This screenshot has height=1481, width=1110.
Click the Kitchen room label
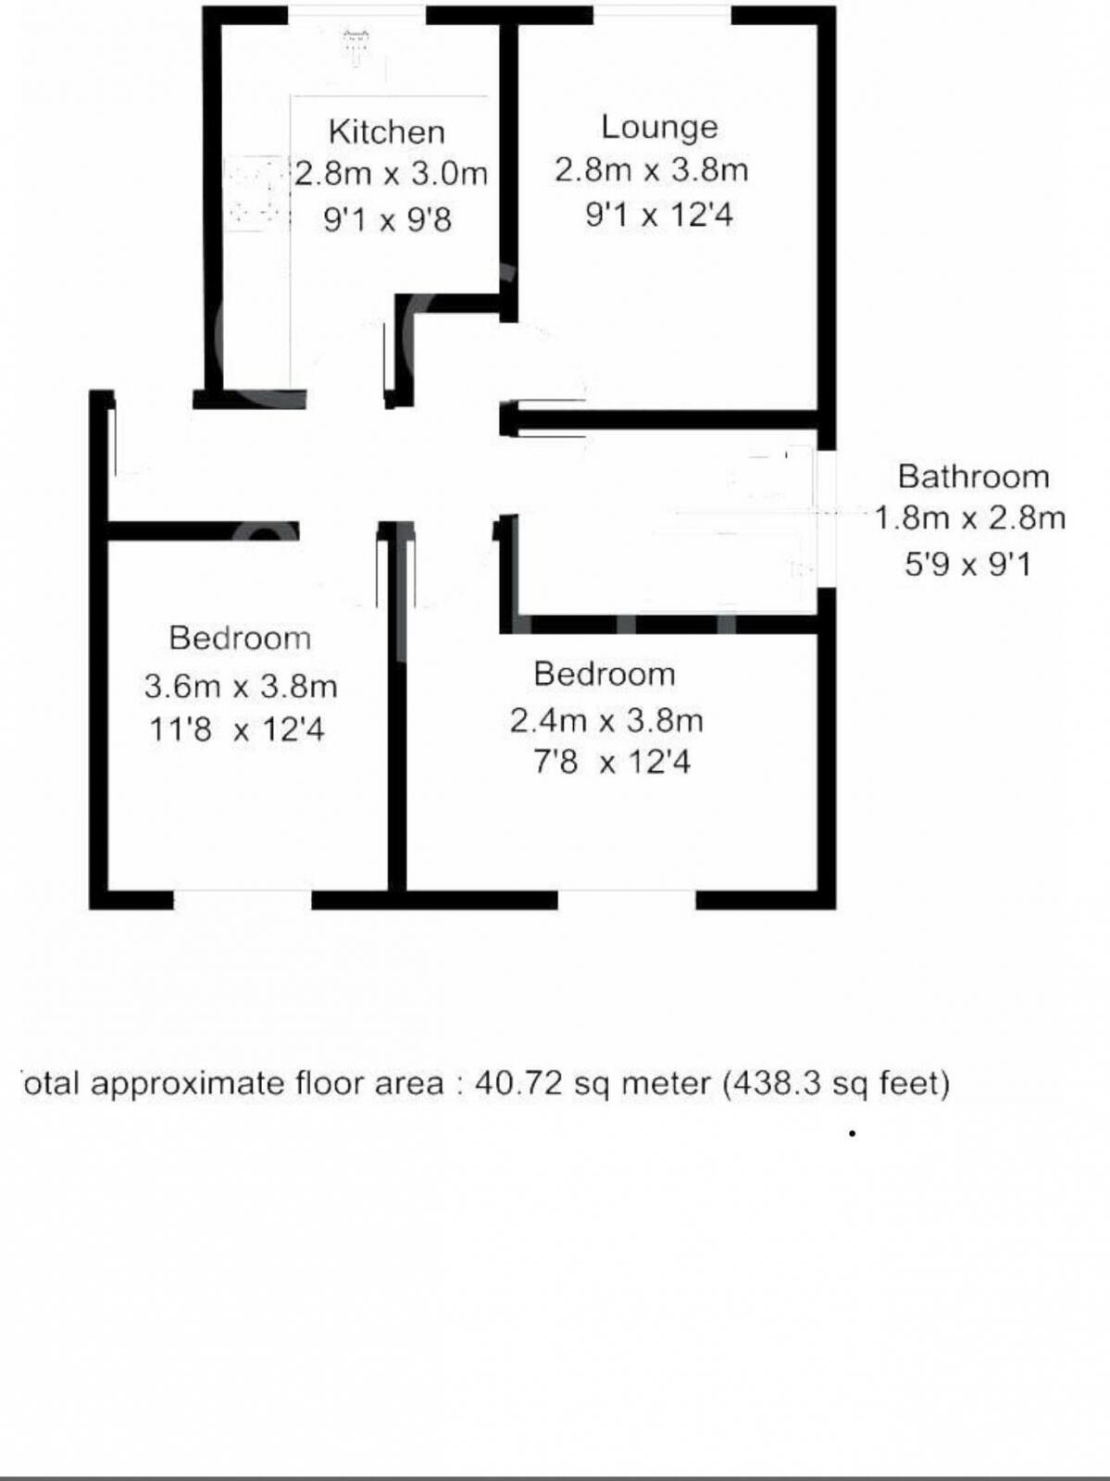point(387,131)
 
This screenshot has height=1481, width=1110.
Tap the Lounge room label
point(659,127)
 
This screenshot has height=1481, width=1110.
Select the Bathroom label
point(973,477)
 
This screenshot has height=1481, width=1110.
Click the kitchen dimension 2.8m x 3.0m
point(391,173)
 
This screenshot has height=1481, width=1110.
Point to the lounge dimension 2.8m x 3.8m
point(651,169)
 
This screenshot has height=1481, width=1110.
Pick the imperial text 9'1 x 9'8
point(387,220)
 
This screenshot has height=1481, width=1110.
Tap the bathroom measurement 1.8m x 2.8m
point(969,517)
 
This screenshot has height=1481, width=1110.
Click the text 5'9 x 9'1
point(967,564)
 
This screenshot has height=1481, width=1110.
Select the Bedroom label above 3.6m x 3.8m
point(240,638)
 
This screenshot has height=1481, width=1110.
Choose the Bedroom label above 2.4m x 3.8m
point(605,674)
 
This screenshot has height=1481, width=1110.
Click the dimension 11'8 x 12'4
point(237,730)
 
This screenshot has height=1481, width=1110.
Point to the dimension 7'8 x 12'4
point(612,763)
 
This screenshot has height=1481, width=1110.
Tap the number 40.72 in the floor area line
point(518,1083)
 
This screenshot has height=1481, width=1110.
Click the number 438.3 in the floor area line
point(774,1083)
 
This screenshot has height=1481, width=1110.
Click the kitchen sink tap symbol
point(355,46)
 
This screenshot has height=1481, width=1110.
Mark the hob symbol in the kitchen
point(253,193)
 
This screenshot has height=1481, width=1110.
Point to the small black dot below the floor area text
point(852,1133)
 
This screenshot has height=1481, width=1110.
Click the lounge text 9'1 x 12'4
point(658,216)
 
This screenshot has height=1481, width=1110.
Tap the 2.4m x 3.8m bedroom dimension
point(606,720)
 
